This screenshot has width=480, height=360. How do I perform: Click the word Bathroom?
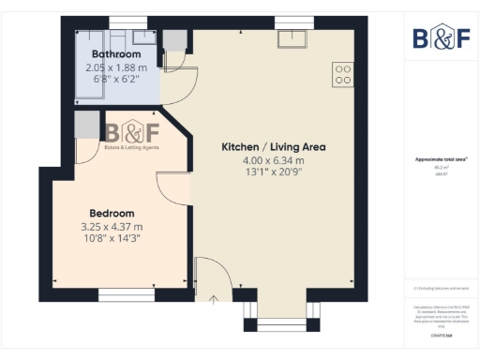coord(116,55)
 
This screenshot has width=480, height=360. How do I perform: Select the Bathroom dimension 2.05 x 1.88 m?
coord(116,67)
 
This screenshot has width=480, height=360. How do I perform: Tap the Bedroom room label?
coord(112,213)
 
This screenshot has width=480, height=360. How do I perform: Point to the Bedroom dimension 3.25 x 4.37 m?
coord(112,226)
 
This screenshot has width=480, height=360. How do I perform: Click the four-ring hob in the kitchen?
coord(342,74)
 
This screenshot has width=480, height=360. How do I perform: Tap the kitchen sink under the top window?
coord(292,39)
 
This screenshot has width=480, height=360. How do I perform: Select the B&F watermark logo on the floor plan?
coord(131,135)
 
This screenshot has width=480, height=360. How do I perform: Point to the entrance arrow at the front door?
coord(214,299)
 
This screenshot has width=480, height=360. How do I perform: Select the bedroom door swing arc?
coord(173,187)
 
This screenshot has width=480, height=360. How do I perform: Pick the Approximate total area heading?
coord(441,160)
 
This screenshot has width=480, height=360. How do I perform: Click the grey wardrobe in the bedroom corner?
coord(87,124)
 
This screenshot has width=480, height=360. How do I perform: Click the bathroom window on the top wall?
coord(121,22)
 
